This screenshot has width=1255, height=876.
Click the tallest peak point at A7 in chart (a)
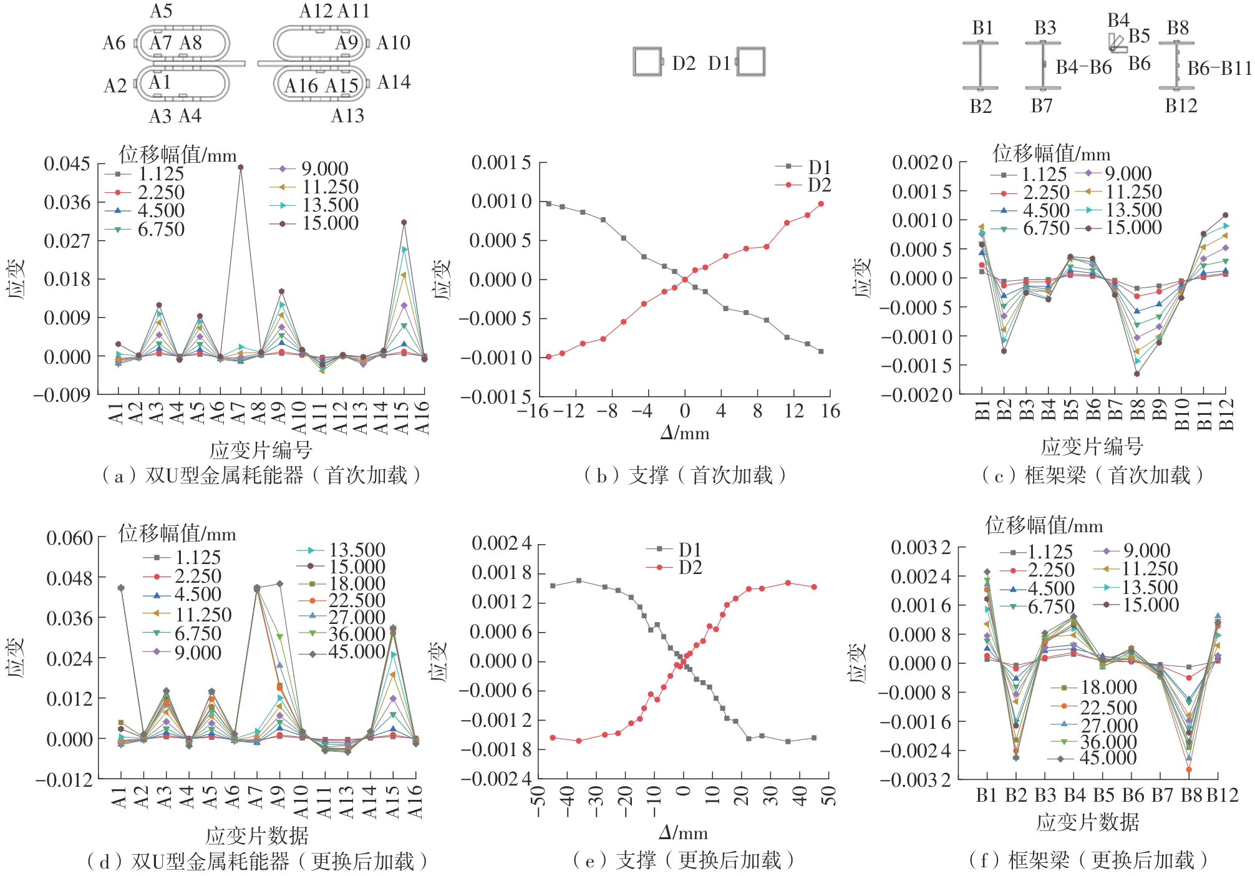(x=240, y=167)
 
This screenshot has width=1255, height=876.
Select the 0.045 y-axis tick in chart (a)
(x=67, y=164)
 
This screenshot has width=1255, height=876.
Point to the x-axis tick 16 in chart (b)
(x=830, y=411)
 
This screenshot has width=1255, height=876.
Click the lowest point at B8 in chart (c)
(x=1137, y=374)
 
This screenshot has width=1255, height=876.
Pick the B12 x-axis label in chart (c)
(x=1226, y=415)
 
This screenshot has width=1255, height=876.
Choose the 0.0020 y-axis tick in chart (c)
(x=922, y=163)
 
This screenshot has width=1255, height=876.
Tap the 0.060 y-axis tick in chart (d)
(x=69, y=538)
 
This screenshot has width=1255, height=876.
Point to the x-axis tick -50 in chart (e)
(x=539, y=801)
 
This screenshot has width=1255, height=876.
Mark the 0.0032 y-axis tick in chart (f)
(x=921, y=548)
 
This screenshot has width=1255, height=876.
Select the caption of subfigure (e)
(x=683, y=861)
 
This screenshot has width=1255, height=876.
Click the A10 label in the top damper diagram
(x=393, y=43)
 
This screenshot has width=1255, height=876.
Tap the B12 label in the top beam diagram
(x=1181, y=106)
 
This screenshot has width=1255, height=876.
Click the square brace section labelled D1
(x=750, y=62)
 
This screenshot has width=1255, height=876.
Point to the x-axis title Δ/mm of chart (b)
(x=684, y=433)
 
